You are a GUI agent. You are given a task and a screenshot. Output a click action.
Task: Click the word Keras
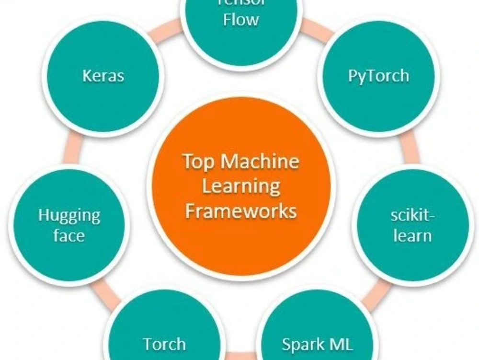tap(103, 76)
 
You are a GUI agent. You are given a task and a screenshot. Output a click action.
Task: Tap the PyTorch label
tap(378, 76)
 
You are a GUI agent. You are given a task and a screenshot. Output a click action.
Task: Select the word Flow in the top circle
tap(241, 20)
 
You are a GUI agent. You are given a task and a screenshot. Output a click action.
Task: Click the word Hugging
tap(69, 216)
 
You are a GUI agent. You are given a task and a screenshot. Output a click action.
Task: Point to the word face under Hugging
tap(69, 236)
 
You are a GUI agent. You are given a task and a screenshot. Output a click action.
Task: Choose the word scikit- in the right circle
tap(412, 215)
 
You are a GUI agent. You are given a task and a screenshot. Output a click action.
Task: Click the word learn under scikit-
tap(412, 236)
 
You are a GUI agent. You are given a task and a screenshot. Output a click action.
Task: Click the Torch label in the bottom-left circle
tap(164, 344)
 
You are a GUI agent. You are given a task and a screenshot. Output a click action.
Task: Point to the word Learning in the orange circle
tap(241, 186)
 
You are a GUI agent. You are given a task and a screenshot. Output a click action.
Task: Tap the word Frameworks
tap(241, 211)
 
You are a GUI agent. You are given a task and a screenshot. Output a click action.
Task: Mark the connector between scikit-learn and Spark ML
tap(378, 290)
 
